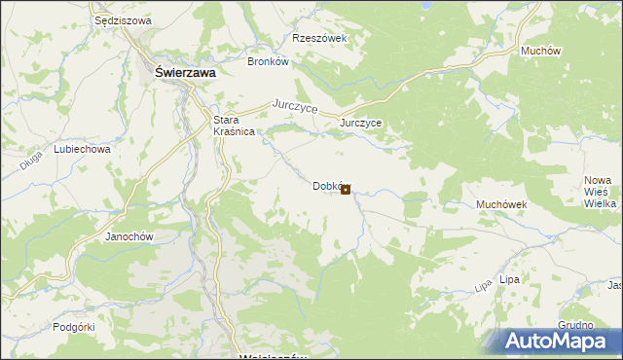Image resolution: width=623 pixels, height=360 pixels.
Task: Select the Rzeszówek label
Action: coord(320,39)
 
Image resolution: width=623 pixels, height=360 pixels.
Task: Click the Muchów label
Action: coord(538,50)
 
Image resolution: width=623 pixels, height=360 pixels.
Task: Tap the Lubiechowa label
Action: coord(82,151)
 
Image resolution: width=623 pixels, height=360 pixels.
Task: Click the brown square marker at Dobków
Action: coord(347,190)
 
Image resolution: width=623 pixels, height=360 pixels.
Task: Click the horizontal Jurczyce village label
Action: coord(360,124)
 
